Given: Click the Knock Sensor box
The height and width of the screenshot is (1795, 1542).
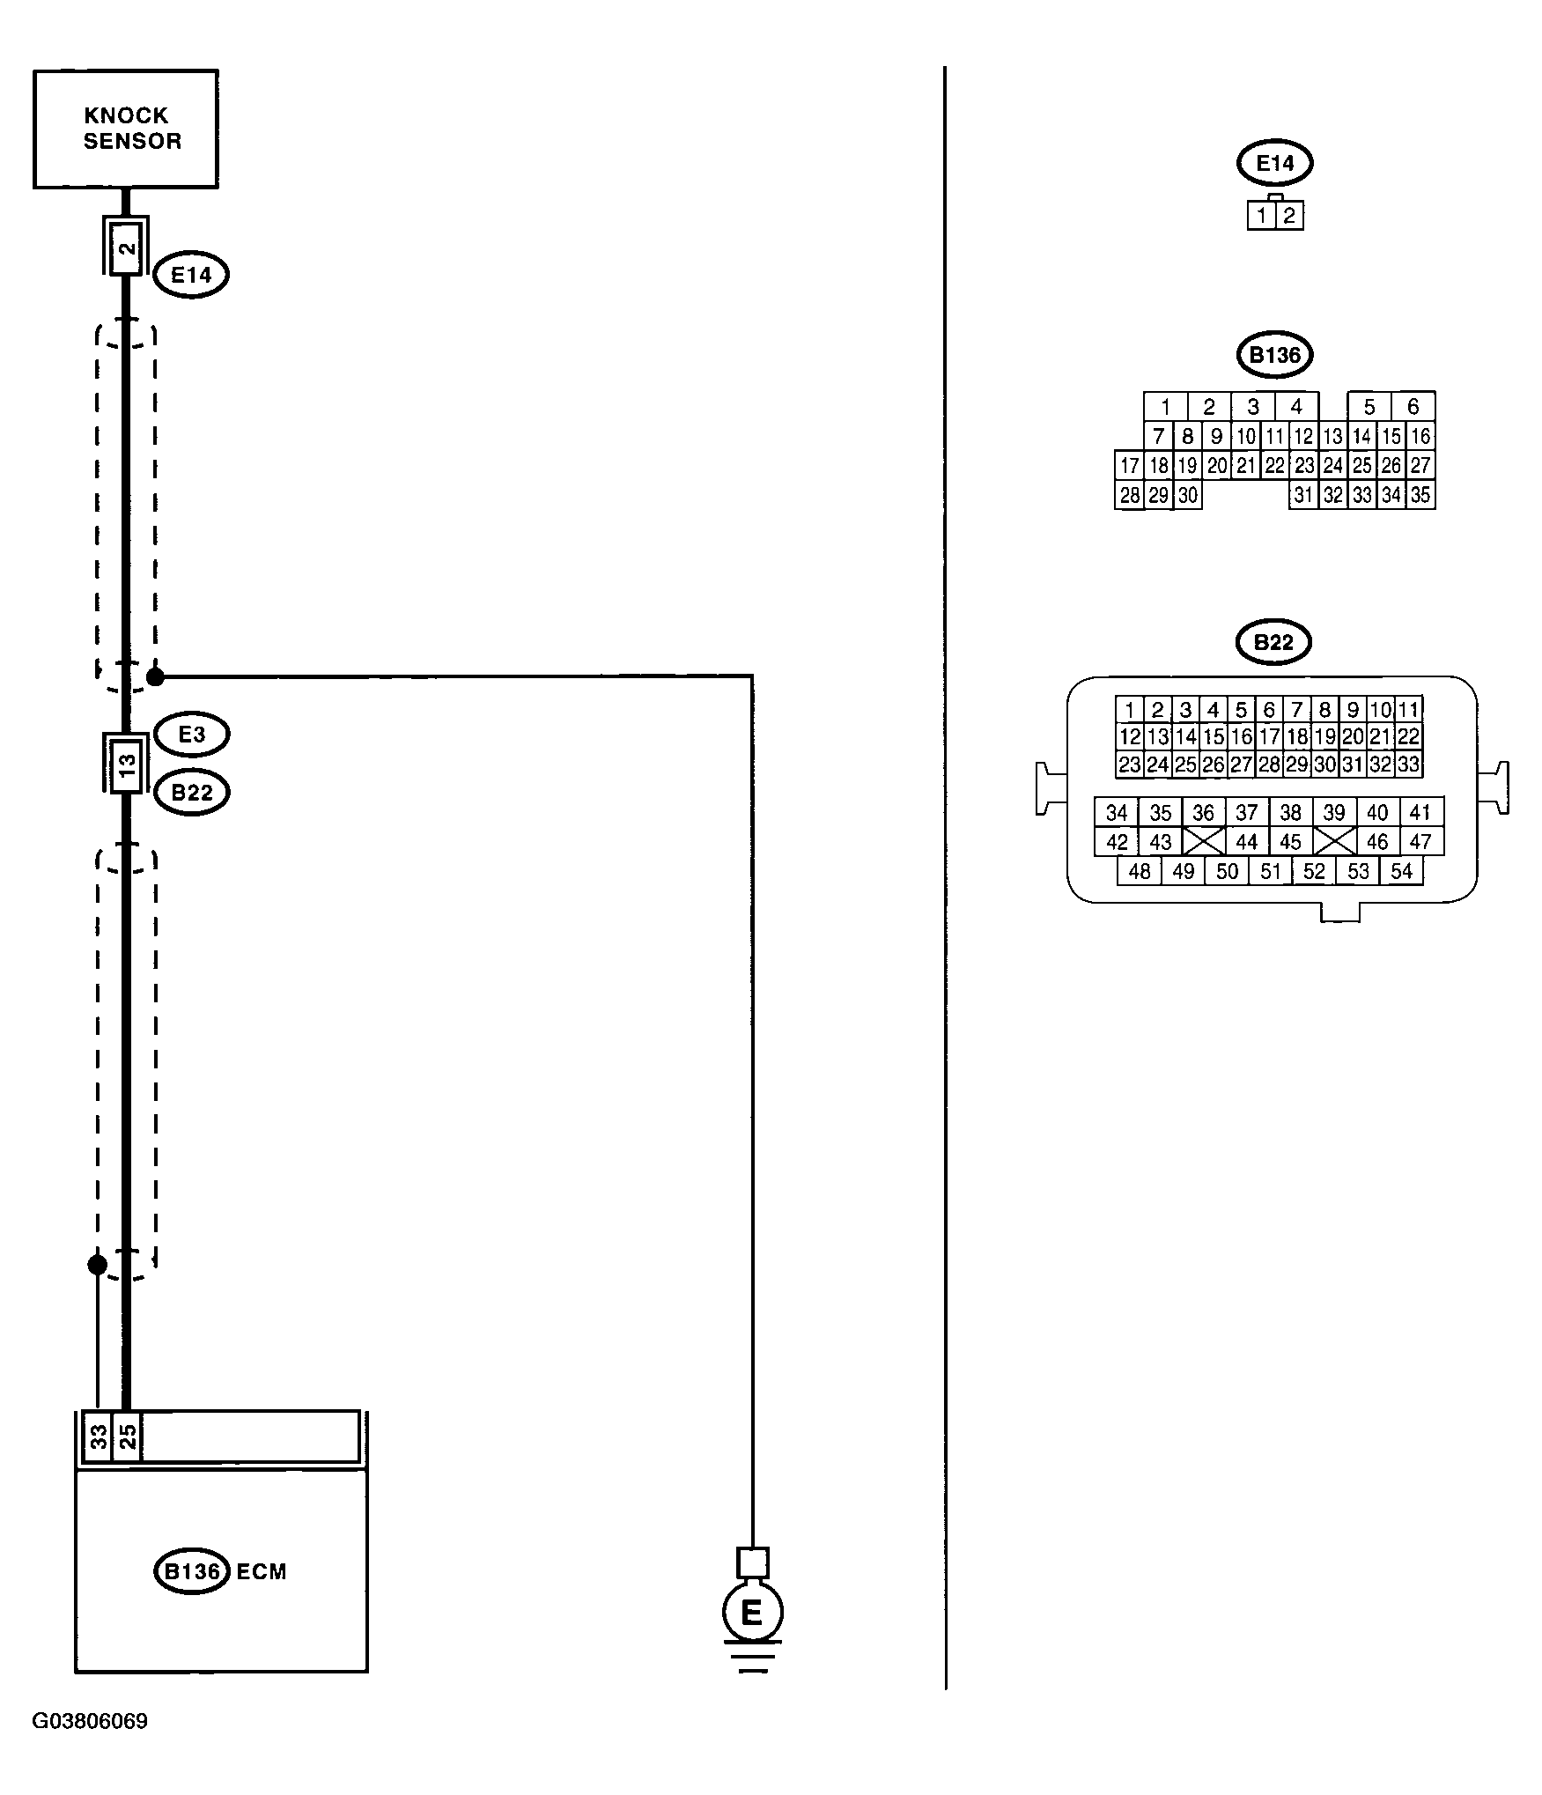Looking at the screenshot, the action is (x=126, y=129).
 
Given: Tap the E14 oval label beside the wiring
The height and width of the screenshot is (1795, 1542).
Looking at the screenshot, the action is (x=191, y=275).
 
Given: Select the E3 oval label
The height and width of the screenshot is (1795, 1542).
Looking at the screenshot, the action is (x=191, y=734).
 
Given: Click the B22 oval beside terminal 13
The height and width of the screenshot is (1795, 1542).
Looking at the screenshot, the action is (x=192, y=792).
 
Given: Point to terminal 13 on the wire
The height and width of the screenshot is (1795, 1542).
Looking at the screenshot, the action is (x=127, y=763).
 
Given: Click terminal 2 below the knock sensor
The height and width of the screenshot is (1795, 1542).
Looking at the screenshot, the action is (x=127, y=247).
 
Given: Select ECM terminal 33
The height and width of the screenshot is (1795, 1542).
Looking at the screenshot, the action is (x=98, y=1437).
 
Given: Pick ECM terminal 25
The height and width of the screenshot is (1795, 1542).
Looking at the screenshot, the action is (x=127, y=1437).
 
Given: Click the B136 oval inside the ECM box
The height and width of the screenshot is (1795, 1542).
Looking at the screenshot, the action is (x=192, y=1571).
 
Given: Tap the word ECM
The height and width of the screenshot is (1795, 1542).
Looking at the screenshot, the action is (x=262, y=1572).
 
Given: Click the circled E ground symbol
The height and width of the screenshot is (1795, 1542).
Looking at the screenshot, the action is (x=752, y=1613).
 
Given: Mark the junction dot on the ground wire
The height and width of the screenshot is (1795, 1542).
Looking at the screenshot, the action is (x=155, y=676).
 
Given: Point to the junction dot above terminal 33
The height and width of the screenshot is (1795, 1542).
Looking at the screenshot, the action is (x=98, y=1265).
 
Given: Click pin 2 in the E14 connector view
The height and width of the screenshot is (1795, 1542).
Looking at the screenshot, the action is (x=1289, y=216).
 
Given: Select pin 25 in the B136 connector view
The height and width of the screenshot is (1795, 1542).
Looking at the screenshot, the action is (x=1361, y=465).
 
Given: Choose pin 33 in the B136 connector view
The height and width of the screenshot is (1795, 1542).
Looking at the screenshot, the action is (x=1361, y=495).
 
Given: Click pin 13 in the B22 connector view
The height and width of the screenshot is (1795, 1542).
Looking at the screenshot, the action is (x=1157, y=736).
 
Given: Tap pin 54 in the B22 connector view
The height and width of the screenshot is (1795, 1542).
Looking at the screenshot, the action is (x=1401, y=871).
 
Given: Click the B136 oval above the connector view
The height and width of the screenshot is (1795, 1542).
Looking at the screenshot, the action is (x=1274, y=355).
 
